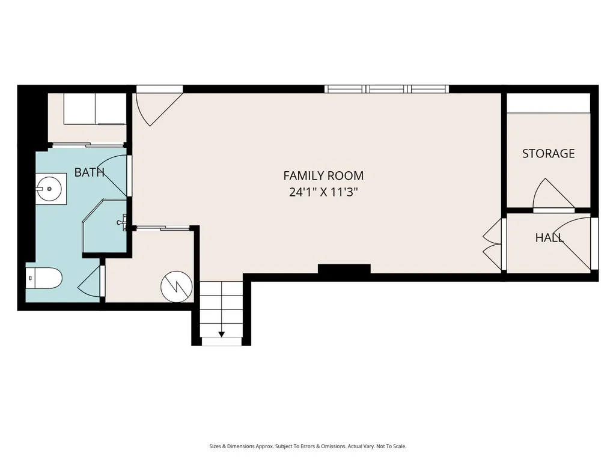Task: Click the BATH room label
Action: point(89,172)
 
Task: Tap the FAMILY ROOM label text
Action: point(323,175)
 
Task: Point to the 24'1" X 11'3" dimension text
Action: point(323,192)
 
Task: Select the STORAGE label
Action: point(549,153)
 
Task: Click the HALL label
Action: point(549,237)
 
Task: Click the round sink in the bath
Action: point(49,189)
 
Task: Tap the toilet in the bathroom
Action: point(44,278)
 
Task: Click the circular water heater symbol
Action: point(177,287)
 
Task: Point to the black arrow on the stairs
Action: point(222,334)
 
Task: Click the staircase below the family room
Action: point(222,314)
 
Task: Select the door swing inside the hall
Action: point(575,243)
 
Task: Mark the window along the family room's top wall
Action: point(386,89)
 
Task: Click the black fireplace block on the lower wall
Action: point(344,269)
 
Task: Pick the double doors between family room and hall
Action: point(493,244)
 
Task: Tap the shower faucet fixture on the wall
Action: point(123,222)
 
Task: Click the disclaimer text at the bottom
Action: point(308,446)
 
